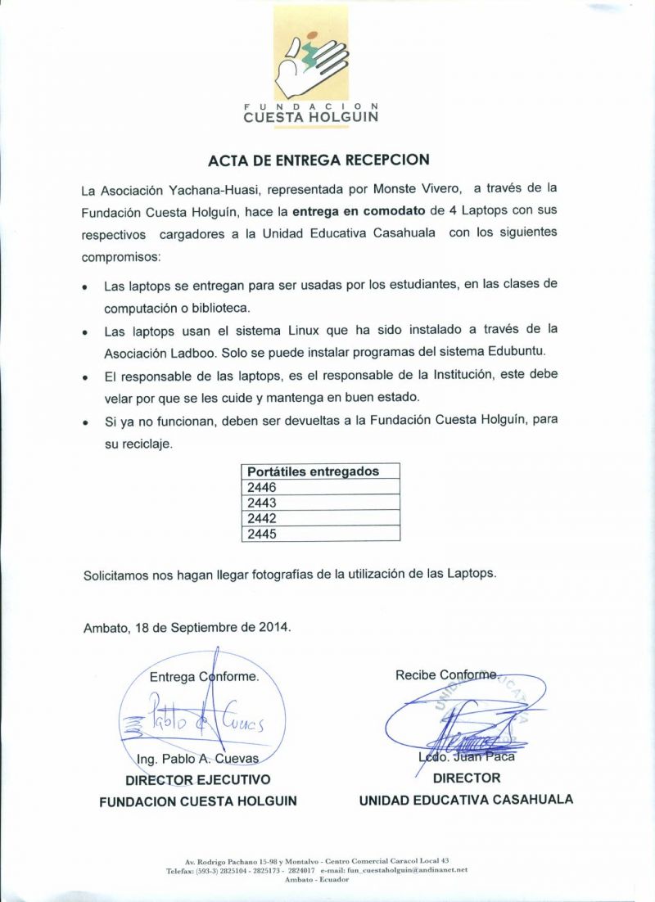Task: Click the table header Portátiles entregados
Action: coord(314,471)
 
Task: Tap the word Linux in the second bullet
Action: coord(304,330)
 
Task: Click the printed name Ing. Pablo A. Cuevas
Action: coord(198,759)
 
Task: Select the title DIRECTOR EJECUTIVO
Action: coord(197,779)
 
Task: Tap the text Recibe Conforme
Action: coord(445,675)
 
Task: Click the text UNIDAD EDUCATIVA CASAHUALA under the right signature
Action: coord(466,800)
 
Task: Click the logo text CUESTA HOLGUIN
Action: coord(310,117)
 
